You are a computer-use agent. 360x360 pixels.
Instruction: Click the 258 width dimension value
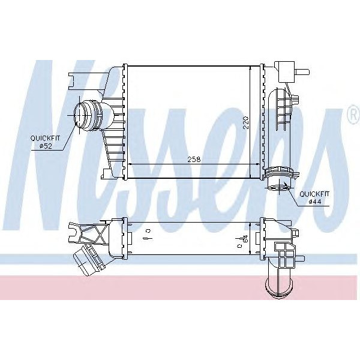[193, 159]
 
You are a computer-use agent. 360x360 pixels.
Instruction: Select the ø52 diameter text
[46, 146]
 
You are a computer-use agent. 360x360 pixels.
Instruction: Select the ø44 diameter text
[315, 202]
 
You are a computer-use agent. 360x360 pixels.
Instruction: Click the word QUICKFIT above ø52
[46, 138]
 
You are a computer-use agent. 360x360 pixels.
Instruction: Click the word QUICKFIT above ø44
[315, 194]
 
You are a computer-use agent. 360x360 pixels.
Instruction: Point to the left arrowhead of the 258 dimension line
[131, 164]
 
